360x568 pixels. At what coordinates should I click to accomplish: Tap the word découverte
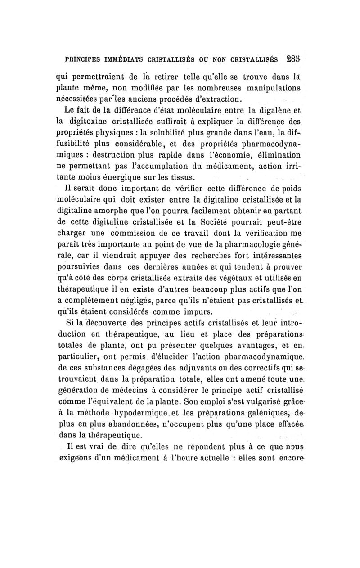pos(113,323)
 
